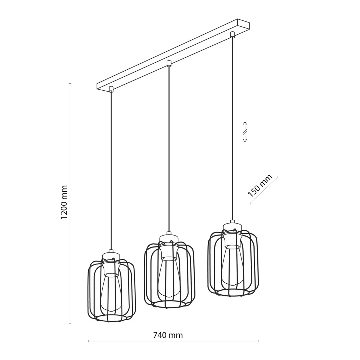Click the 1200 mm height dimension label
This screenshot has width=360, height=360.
(64, 202)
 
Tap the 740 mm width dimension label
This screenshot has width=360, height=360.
(168, 335)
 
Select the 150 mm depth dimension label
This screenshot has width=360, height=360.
(260, 186)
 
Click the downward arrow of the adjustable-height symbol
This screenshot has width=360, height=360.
(245, 138)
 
